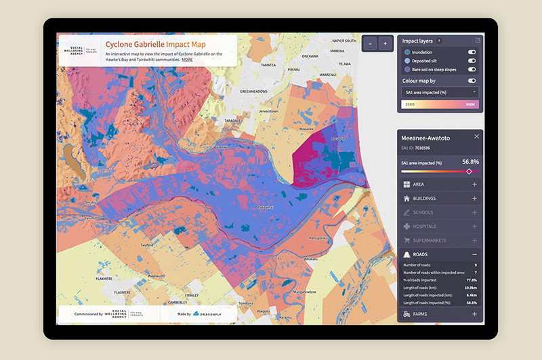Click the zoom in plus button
[385, 43]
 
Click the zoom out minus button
[371, 43]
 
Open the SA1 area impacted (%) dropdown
[440, 91]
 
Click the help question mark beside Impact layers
[439, 41]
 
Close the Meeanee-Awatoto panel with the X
[476, 136]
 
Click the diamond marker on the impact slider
[469, 172]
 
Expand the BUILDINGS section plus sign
[474, 199]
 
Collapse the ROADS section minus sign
[474, 254]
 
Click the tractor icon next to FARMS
[406, 314]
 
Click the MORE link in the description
[186, 60]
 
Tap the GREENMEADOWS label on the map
[255, 91]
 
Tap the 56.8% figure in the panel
[470, 162]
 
